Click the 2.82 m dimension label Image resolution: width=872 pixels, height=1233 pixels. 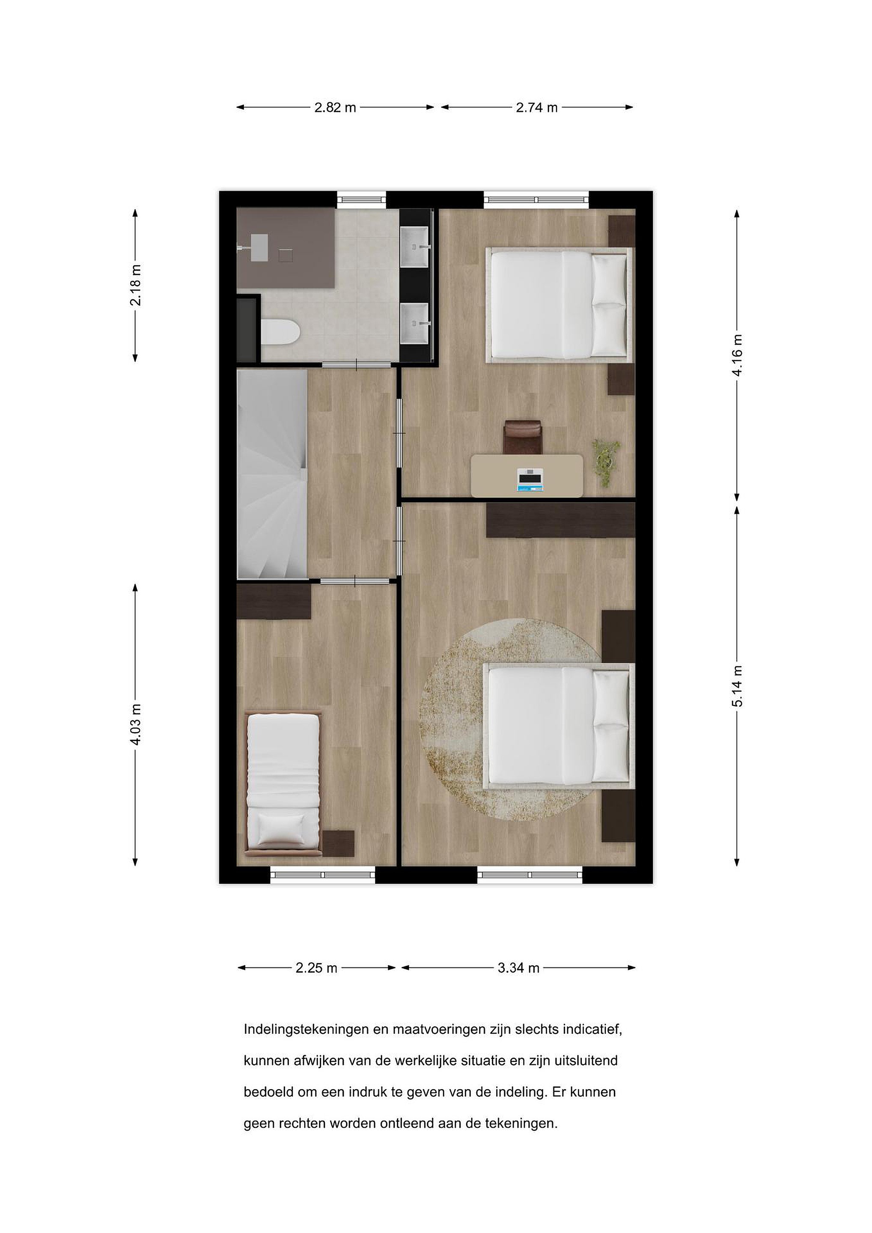click(x=335, y=107)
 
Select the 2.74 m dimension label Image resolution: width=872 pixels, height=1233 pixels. click(x=536, y=107)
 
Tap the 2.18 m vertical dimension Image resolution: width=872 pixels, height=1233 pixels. click(x=136, y=285)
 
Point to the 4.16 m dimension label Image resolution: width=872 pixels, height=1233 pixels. click(x=738, y=355)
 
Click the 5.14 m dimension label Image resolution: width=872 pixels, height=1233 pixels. click(x=738, y=686)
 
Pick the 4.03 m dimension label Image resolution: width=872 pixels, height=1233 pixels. click(x=136, y=724)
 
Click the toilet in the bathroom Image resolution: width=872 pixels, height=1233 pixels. click(x=280, y=332)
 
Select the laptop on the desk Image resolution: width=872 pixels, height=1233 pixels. click(x=530, y=479)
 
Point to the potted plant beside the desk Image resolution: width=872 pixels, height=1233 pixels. click(x=605, y=462)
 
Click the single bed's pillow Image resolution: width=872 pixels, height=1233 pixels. click(x=281, y=829)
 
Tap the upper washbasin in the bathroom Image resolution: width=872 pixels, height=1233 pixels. click(x=416, y=247)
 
